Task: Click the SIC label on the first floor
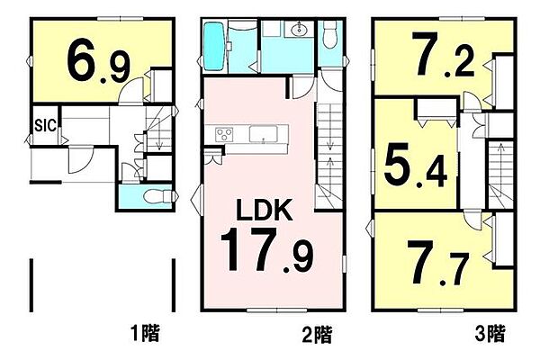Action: [x=46, y=125]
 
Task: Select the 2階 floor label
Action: [x=318, y=335]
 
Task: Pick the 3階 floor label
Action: [x=491, y=335]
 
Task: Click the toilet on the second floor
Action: [x=330, y=36]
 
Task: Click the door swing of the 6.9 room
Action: [x=133, y=91]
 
